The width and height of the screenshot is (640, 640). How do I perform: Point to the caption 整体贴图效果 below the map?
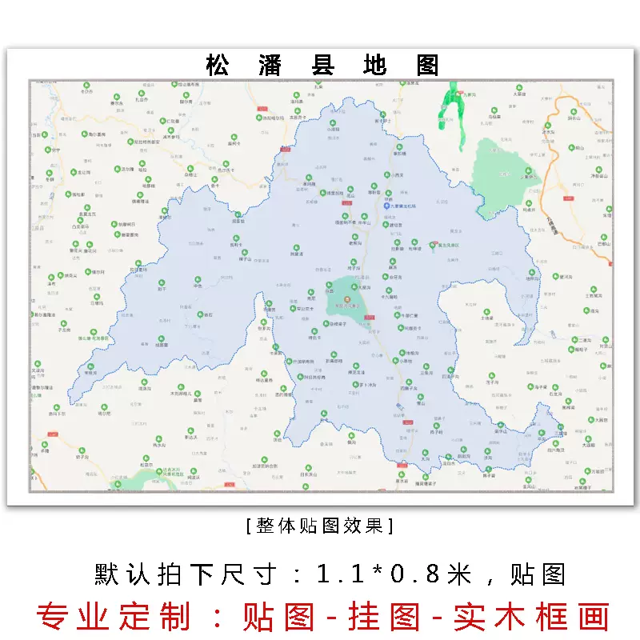(320, 526)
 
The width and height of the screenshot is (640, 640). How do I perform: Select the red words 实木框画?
(531, 616)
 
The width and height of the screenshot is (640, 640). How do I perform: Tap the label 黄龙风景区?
(449, 245)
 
